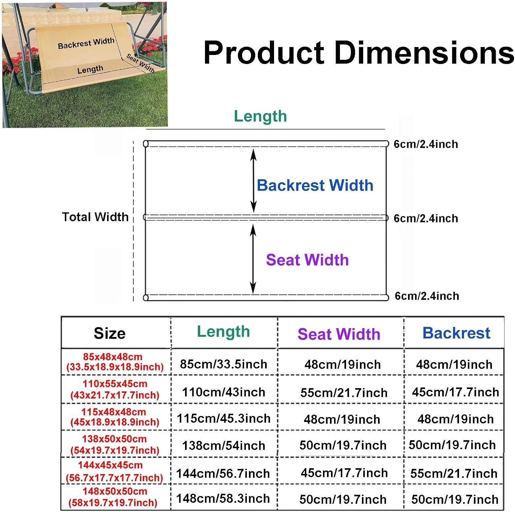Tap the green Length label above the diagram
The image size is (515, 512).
(260, 116)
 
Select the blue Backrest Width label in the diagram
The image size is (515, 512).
(315, 185)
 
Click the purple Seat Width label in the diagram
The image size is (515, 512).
(307, 260)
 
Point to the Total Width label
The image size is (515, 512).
(95, 217)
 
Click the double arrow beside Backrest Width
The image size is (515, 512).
(253, 181)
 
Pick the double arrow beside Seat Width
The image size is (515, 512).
(253, 259)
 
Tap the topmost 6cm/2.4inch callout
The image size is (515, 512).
(426, 144)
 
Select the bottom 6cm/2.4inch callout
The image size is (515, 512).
(427, 296)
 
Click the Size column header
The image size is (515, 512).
(110, 333)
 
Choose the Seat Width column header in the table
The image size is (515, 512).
(339, 334)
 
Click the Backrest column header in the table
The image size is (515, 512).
(456, 333)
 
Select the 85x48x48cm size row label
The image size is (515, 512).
(115, 362)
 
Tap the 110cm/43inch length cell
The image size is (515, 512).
(224, 392)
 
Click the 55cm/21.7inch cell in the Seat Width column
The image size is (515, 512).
(344, 392)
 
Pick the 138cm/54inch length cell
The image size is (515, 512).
(224, 446)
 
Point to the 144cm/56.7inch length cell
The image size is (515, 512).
(223, 474)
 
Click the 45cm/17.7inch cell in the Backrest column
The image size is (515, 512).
(455, 392)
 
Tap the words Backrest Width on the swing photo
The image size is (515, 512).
(86, 43)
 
